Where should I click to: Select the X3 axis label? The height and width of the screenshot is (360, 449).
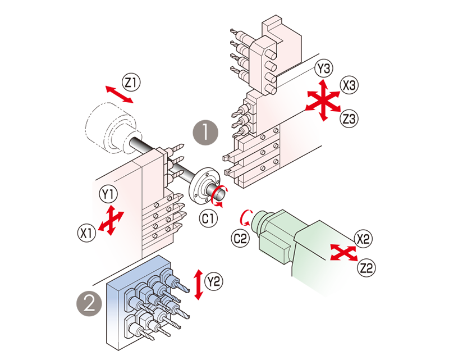(350, 86)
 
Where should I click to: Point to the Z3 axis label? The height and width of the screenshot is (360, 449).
(350, 119)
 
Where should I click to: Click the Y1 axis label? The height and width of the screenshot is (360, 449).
(107, 194)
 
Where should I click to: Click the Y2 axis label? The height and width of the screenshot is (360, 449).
(213, 279)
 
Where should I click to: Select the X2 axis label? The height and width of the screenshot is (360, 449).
(364, 238)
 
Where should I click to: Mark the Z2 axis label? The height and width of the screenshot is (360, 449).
(366, 268)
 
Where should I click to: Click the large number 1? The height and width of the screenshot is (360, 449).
(205, 132)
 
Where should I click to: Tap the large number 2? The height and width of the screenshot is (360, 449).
(89, 303)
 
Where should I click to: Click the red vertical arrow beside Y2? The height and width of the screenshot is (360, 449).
(196, 275)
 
